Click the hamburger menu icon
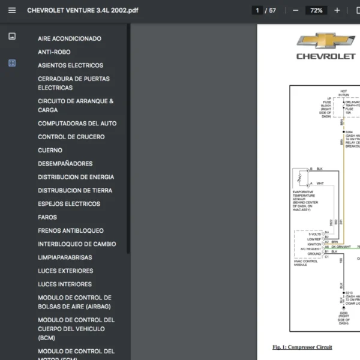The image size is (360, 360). coord(12,10)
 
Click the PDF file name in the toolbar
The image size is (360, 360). coord(82,10)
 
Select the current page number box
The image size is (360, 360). coord(257,10)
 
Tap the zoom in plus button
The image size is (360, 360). coord(337,10)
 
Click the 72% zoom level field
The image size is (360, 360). coord(316,10)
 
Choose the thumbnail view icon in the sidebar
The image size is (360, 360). coord(12,37)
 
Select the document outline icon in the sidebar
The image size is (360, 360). coord(12,63)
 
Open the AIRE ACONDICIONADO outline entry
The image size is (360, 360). coord(69,38)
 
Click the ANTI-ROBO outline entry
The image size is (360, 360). coord(54,52)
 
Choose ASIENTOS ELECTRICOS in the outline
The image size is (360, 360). coord(70,65)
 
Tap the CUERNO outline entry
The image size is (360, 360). coord(50,150)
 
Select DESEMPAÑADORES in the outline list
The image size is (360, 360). coord(65,164)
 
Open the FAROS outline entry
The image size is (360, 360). coord(47,217)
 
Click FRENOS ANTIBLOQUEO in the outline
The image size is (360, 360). coord(70,230)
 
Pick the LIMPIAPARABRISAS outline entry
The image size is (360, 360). coord(65,257)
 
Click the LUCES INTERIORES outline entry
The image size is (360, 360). coord(65,284)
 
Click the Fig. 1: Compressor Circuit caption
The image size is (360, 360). coord(302,347)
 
